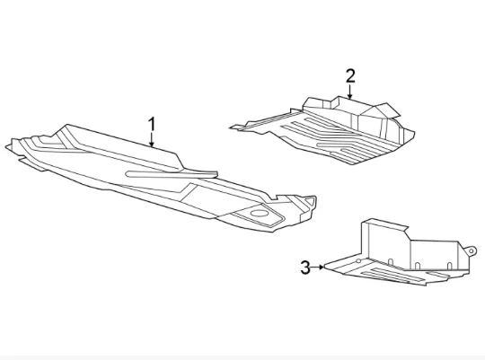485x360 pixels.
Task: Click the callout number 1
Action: click(152, 124)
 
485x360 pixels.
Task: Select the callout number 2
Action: click(350, 76)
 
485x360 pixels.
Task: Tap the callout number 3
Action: click(305, 268)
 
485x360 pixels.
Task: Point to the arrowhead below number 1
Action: click(152, 144)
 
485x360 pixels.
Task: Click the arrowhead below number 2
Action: click(350, 95)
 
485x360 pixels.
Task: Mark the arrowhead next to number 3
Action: click(322, 267)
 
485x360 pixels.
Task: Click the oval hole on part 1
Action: click(260, 213)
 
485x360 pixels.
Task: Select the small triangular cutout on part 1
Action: click(310, 201)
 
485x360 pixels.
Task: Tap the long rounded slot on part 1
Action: click(171, 174)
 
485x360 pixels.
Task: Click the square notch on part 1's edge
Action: click(273, 198)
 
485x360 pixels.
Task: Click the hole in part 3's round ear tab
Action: click(471, 250)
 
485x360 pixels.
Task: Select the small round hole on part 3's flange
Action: click(358, 261)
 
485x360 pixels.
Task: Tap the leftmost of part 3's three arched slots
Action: click(391, 262)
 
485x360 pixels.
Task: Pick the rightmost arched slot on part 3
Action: click(449, 266)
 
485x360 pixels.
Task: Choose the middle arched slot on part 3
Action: click(418, 266)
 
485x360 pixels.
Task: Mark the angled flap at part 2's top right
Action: click(386, 110)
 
